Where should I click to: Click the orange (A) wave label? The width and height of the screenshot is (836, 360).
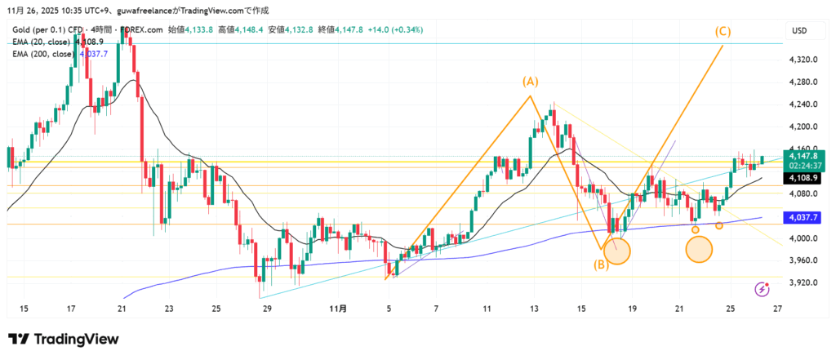(x=531, y=82)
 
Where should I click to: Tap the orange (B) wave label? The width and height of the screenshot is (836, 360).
(x=599, y=264)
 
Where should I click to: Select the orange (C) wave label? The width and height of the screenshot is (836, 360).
(x=723, y=32)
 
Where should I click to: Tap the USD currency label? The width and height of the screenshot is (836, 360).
(x=799, y=31)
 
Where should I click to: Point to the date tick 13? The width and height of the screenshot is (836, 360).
(x=534, y=309)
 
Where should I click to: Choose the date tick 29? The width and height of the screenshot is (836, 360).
(x=267, y=309)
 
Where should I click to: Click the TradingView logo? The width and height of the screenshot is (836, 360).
(x=64, y=339)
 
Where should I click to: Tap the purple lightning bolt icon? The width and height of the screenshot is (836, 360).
(x=762, y=288)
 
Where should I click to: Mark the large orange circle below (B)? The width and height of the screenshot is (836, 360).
(x=617, y=251)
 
